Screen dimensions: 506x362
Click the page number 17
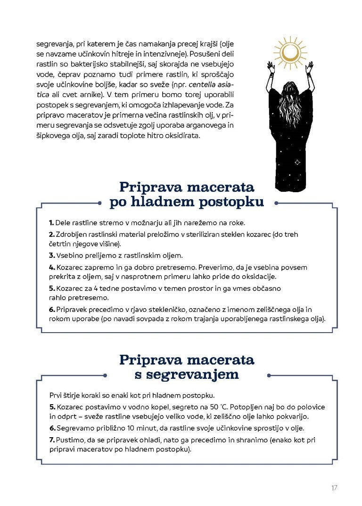tap(334, 488)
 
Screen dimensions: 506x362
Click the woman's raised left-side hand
tap(271, 65)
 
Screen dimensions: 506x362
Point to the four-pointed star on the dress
tap(297, 162)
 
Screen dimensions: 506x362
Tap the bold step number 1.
tap(51, 222)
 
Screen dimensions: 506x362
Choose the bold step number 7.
tap(52, 440)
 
